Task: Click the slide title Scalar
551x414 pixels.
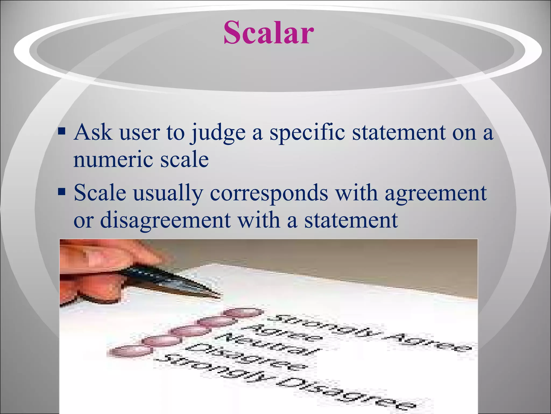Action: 269,33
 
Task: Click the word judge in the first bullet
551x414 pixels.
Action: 218,133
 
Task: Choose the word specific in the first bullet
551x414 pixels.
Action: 307,133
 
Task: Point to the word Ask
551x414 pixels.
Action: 93,132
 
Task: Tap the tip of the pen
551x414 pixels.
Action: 219,297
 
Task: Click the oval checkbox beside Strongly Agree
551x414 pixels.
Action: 244,313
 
